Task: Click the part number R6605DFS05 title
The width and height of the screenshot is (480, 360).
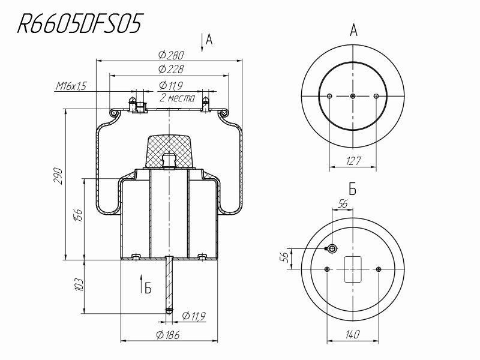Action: click(80, 25)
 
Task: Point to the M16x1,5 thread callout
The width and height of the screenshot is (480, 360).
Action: click(71, 86)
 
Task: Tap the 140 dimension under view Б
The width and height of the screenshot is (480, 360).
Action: click(353, 335)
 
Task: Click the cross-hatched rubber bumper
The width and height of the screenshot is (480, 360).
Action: click(170, 149)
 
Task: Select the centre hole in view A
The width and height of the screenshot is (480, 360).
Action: click(353, 96)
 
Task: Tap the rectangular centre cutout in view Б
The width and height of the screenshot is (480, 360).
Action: click(353, 269)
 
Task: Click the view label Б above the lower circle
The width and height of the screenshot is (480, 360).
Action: click(353, 190)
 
